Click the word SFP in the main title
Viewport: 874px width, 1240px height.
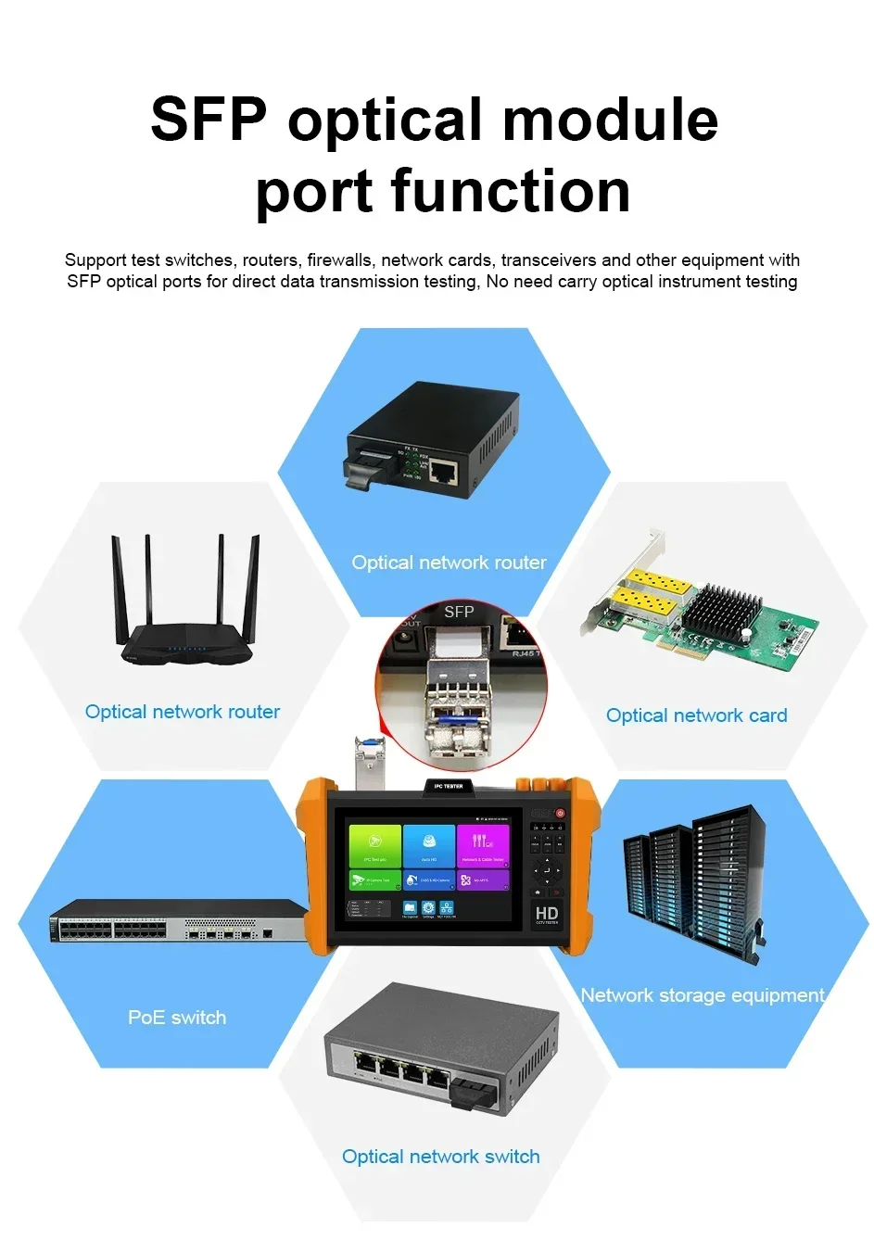(209, 120)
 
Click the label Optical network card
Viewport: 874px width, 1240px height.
(696, 715)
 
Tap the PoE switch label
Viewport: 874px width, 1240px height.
(177, 1018)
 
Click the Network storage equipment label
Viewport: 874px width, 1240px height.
(702, 995)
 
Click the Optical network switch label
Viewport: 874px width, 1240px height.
(440, 1157)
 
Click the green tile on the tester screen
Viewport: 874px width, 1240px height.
(374, 845)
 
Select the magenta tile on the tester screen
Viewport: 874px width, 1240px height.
(483, 845)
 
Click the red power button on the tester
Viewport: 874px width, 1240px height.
(560, 813)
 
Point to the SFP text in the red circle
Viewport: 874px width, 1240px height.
(459, 612)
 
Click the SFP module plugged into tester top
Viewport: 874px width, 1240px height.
(368, 756)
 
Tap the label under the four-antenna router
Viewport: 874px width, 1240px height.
(183, 712)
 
